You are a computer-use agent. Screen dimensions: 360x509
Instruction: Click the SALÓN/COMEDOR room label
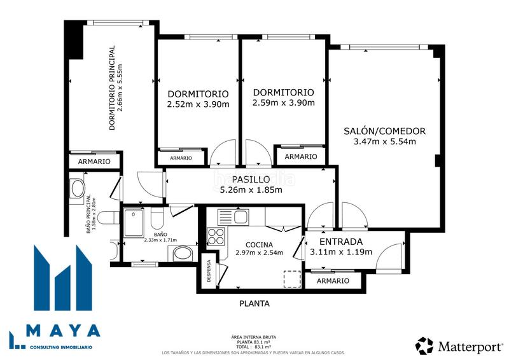[x=384, y=131]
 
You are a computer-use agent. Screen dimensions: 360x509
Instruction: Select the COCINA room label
[x=259, y=245]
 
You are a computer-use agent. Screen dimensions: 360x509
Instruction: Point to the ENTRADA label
[x=341, y=242]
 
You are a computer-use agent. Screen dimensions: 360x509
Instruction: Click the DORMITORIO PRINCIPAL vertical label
[x=112, y=87]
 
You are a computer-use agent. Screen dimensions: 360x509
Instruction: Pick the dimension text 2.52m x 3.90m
[x=198, y=104]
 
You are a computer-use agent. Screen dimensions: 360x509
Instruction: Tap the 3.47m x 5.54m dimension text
[x=384, y=141]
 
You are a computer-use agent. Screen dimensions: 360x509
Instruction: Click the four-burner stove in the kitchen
[x=216, y=236]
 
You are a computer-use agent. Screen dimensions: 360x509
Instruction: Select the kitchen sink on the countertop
[x=241, y=216]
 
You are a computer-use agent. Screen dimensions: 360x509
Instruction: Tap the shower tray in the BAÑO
[x=134, y=223]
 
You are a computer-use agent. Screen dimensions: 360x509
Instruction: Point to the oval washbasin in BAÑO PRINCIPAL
[x=77, y=188]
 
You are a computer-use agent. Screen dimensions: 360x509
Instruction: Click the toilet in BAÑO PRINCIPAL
[x=109, y=218]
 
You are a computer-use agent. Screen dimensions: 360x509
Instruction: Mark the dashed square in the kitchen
[x=291, y=279]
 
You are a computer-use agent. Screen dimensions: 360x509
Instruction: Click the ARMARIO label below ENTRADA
[x=333, y=280]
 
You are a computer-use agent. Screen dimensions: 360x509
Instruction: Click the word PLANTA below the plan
[x=254, y=303]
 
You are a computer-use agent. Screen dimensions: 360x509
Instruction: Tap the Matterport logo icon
[x=424, y=345]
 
